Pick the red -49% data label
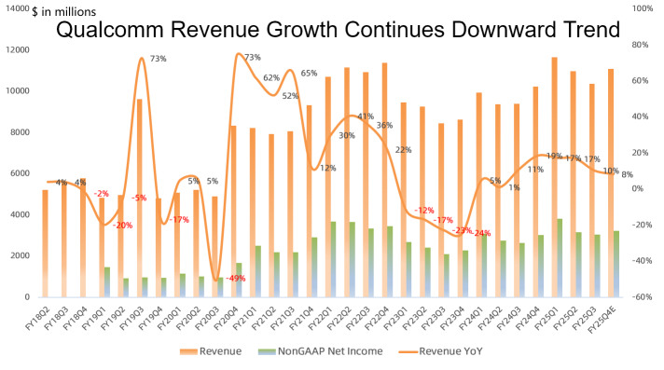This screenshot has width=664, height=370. [x=236, y=278]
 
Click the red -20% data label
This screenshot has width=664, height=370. [x=122, y=226]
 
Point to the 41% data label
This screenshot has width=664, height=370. [x=367, y=117]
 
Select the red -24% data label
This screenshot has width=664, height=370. [x=481, y=233]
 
